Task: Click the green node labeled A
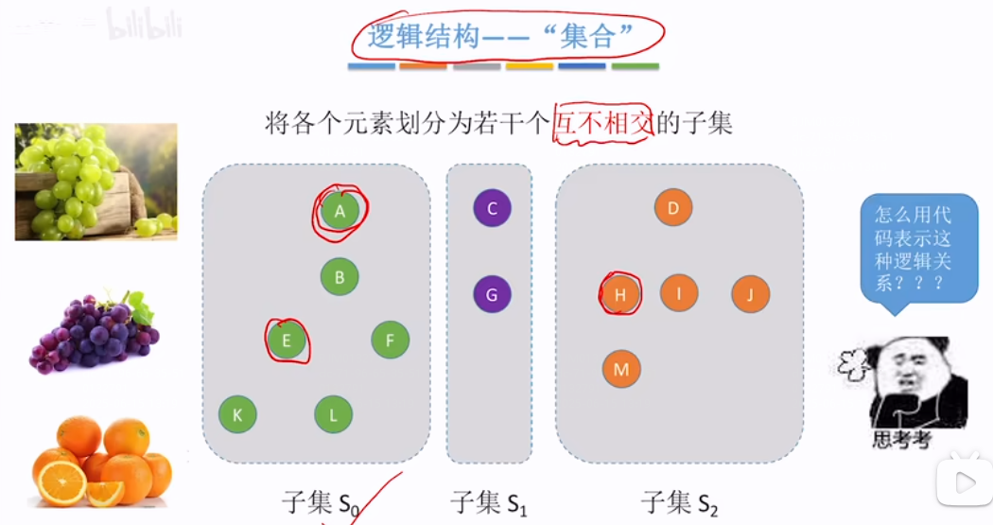340,210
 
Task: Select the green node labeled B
340,277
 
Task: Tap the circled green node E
287,340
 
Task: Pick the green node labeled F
390,340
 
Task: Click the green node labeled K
237,414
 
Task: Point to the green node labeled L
333,414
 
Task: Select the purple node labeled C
492,208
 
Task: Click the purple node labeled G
492,294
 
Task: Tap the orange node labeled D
673,208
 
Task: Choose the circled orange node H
621,294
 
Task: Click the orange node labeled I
679,293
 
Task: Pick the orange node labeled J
750,294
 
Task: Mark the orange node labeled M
621,369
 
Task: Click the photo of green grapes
96,181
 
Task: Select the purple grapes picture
94,331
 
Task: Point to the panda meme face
910,383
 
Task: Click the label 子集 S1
488,502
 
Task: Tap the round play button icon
964,482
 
